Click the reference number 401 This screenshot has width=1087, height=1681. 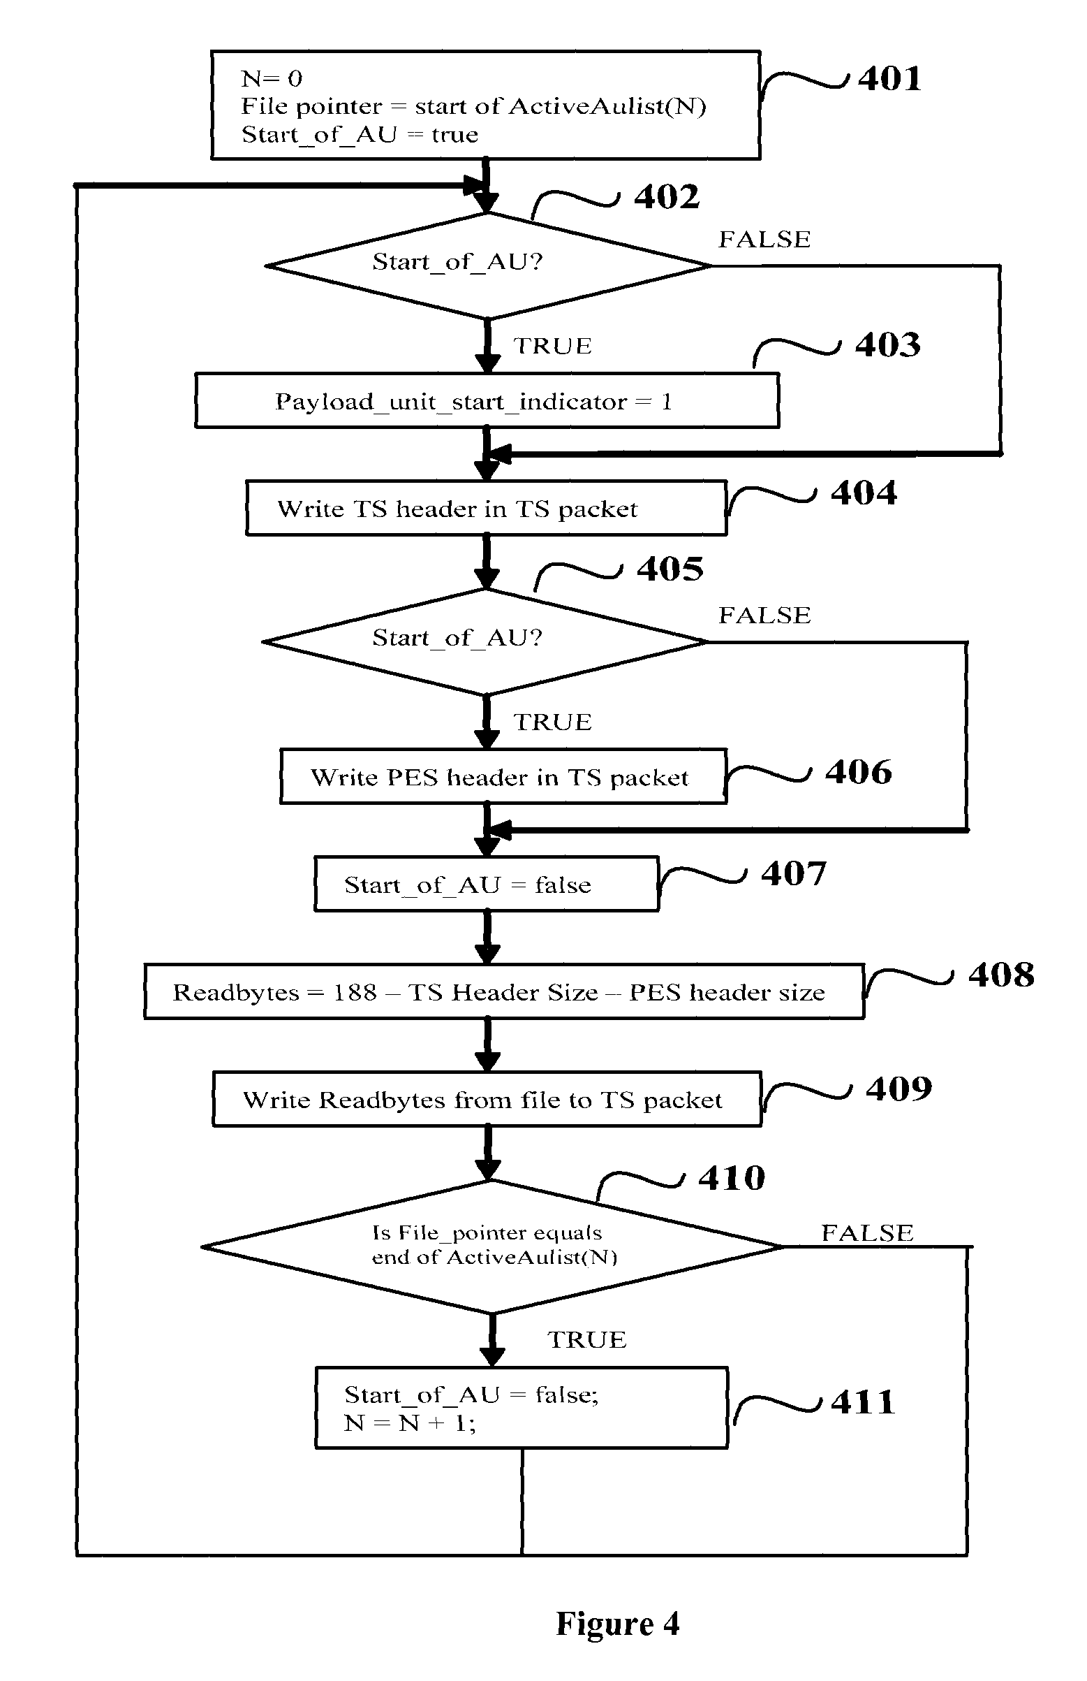point(889,78)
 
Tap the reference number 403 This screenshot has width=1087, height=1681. point(887,344)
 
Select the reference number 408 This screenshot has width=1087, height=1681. point(1000,975)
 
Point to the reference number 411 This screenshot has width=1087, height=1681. point(862,1402)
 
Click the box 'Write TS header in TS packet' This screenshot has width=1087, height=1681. point(486,509)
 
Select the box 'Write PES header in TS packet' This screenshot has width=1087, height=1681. point(503,777)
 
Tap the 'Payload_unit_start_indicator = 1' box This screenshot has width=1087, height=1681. point(487,401)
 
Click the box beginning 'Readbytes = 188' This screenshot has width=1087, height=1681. point(504,991)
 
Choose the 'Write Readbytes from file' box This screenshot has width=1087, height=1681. point(487,1100)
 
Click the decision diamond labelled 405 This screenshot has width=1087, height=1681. point(486,641)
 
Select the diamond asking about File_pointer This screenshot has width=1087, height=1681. point(491,1246)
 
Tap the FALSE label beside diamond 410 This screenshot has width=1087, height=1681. point(867,1233)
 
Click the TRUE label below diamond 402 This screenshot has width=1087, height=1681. point(552,346)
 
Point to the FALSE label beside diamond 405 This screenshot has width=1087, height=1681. point(764,616)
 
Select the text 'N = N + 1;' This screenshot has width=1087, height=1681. point(410,1423)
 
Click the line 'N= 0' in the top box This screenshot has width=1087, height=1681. point(272,78)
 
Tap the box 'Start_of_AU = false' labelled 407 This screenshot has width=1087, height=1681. point(487,885)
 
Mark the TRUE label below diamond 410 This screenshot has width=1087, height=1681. point(586,1340)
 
